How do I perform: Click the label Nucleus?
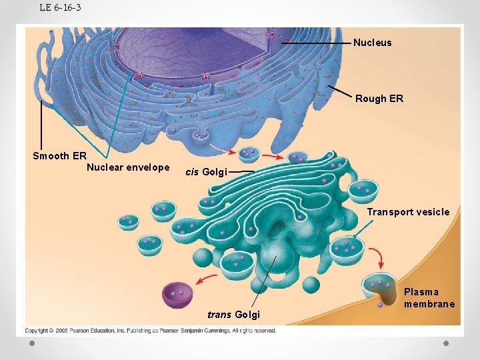[x=372, y=43]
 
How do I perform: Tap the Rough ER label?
[x=379, y=99]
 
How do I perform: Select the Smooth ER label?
[x=59, y=156]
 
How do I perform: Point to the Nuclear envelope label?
[x=128, y=167]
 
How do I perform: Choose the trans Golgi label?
[x=233, y=315]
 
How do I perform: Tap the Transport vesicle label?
[x=408, y=212]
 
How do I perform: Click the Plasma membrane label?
[x=429, y=298]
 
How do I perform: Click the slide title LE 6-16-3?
[x=60, y=8]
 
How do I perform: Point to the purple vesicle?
[x=177, y=294]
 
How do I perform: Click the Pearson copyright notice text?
[x=151, y=331]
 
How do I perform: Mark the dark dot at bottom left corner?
[x=31, y=343]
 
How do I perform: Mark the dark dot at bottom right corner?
[x=447, y=343]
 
